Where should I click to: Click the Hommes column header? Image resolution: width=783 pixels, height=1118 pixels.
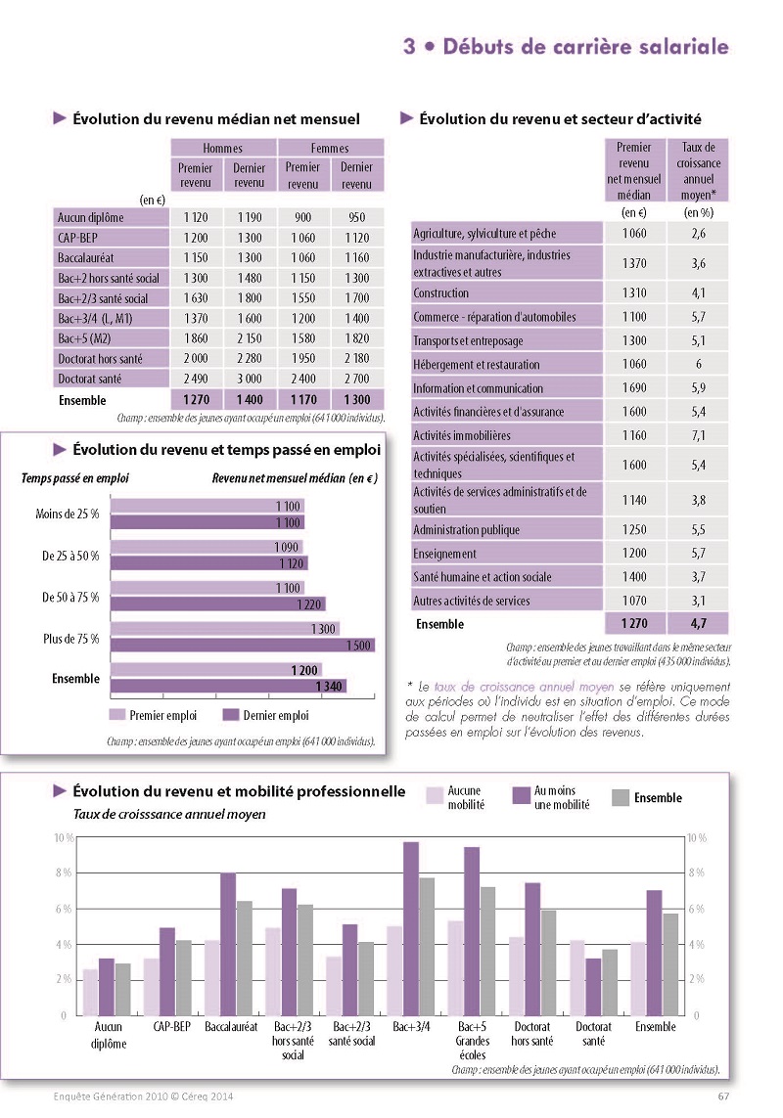tap(223, 148)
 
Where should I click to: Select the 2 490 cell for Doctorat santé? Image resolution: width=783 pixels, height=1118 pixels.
tap(196, 379)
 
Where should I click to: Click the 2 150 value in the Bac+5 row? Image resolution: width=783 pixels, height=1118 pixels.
tap(250, 338)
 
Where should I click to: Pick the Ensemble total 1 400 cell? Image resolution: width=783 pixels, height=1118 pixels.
tap(250, 400)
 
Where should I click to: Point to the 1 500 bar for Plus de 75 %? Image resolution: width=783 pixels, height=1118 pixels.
tap(243, 646)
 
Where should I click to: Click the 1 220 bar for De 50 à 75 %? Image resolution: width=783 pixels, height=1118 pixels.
tap(217, 604)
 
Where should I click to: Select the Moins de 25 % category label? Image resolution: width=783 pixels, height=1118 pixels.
tap(68, 514)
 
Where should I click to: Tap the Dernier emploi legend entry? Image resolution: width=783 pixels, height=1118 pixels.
tap(266, 715)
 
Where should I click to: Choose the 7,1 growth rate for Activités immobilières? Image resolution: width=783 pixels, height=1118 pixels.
tap(698, 435)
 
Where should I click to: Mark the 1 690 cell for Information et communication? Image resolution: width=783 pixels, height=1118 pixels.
tap(634, 388)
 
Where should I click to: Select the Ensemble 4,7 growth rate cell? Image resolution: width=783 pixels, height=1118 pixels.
tap(698, 624)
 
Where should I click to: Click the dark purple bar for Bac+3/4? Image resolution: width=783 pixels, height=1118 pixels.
tap(411, 929)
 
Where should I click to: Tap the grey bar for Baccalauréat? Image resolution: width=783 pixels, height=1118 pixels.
tap(244, 959)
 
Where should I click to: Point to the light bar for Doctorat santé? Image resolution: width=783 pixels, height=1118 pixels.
tap(576, 978)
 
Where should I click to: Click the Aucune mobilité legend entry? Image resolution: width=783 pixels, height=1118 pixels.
tap(455, 797)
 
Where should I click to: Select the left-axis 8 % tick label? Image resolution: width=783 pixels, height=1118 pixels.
tap(64, 872)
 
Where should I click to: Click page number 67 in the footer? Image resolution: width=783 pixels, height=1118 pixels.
tap(723, 1096)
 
